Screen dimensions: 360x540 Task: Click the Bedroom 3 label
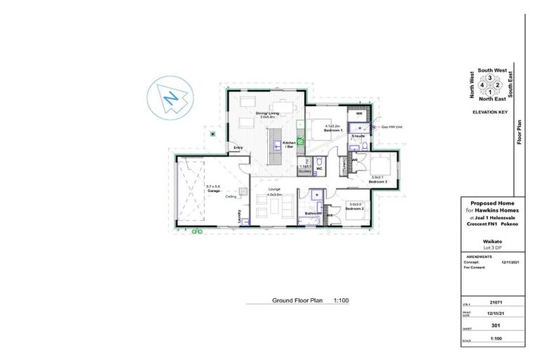[378, 181]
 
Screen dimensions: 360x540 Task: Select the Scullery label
[304, 171]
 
